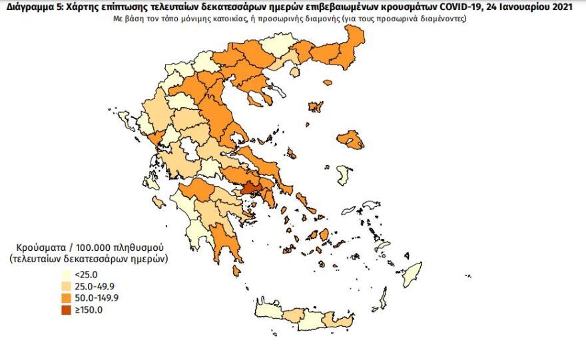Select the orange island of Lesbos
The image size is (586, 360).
(350, 140)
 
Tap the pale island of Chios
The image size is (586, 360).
(344, 176)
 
